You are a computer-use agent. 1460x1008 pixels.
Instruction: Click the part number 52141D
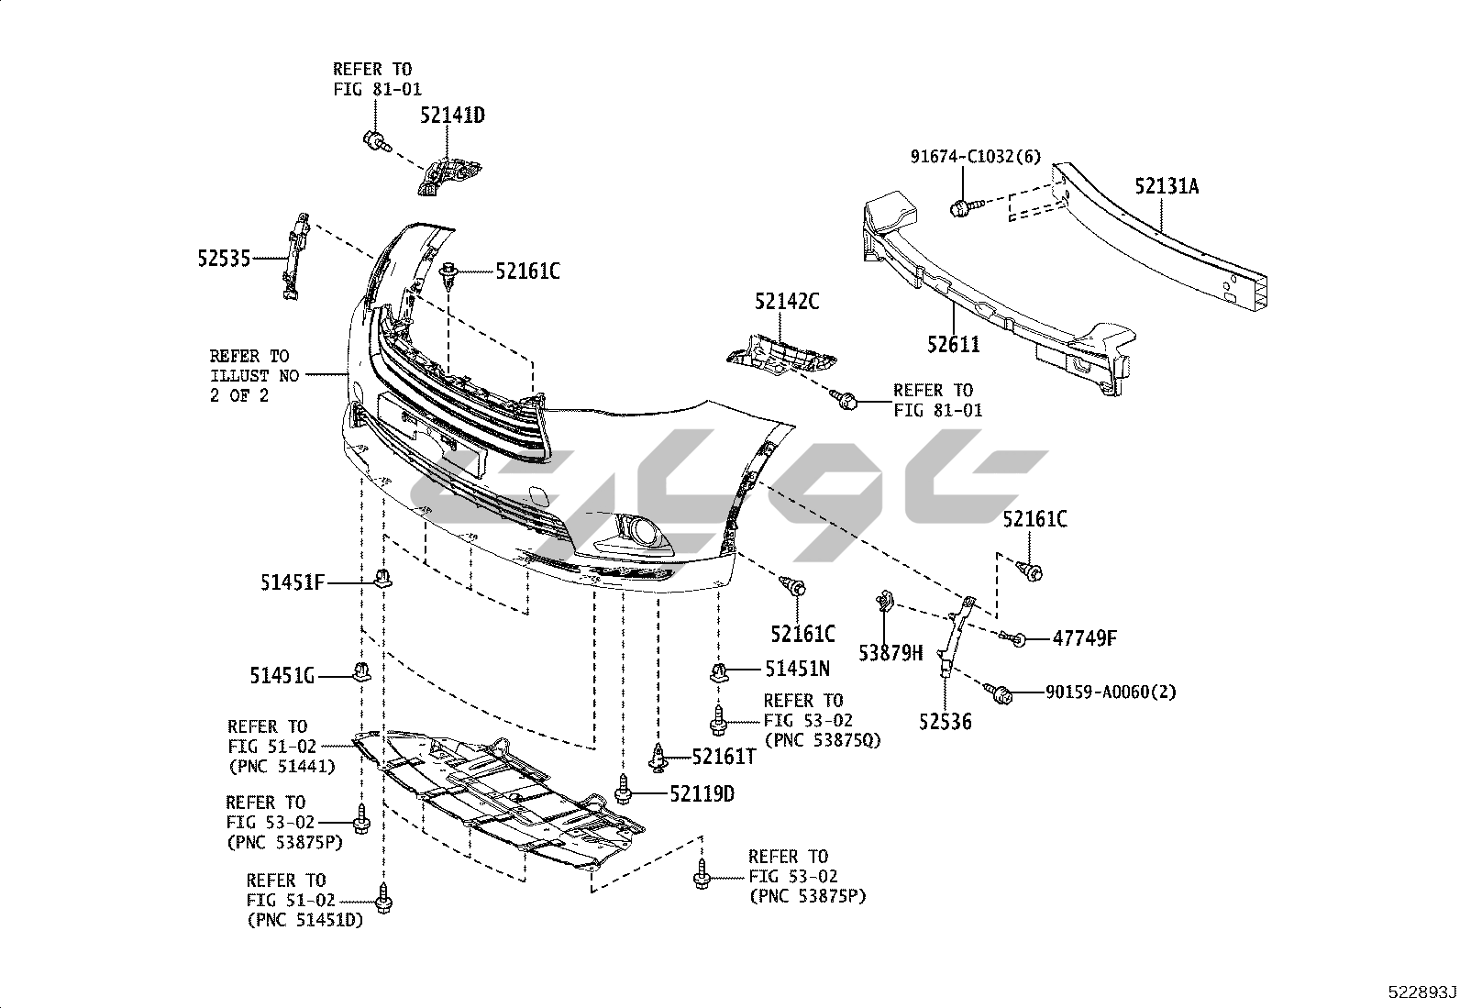pos(452,116)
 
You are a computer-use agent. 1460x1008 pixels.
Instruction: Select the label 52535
pos(224,259)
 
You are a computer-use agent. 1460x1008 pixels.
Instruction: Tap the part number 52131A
pos(1167,186)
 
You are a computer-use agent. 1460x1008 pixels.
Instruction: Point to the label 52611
pos(953,345)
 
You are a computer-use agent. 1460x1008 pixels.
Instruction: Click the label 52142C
pos(787,301)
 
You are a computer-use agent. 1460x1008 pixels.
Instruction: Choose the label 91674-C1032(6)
pos(975,157)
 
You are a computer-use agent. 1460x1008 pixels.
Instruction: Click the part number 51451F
pos(293,582)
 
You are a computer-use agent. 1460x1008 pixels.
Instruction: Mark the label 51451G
pos(282,676)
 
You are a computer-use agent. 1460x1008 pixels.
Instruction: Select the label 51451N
pos(798,670)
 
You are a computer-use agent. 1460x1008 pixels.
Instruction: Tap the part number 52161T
pos(724,756)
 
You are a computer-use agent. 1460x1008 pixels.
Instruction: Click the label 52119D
pos(702,794)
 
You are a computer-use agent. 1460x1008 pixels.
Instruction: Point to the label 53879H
pos(890,653)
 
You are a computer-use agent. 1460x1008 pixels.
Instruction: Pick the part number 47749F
pos(1084,638)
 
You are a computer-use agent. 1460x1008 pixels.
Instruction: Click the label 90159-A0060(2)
pos(1111,692)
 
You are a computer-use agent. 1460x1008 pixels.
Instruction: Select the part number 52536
pos(946,722)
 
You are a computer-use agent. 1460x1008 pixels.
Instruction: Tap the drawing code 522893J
pos(1421,992)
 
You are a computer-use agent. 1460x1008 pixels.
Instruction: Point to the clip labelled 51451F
pos(384,580)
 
